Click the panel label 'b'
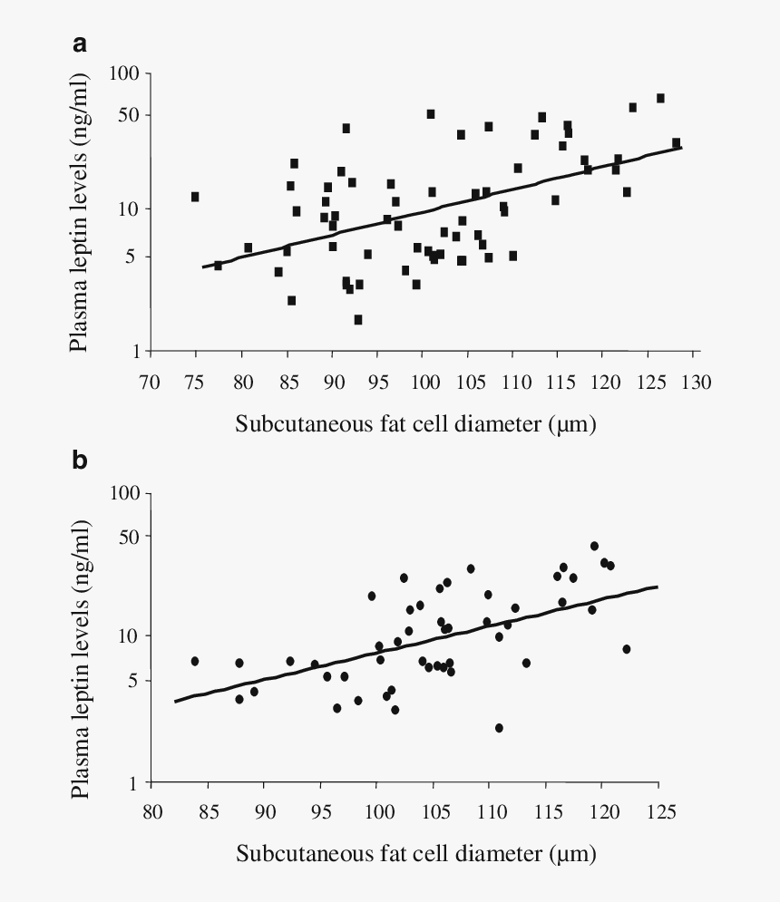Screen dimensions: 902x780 point(80,461)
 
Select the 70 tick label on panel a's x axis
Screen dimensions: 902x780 point(151,380)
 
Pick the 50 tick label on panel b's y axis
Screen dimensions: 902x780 point(131,537)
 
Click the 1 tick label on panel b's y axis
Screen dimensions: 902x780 point(137,783)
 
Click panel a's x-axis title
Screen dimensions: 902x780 point(416,423)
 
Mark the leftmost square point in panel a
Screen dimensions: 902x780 point(195,197)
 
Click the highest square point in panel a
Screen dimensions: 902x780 point(660,98)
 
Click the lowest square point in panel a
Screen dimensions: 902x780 point(358,319)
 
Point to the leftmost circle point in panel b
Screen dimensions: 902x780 point(194,661)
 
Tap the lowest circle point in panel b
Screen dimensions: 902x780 point(499,728)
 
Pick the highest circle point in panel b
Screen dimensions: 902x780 point(594,546)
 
